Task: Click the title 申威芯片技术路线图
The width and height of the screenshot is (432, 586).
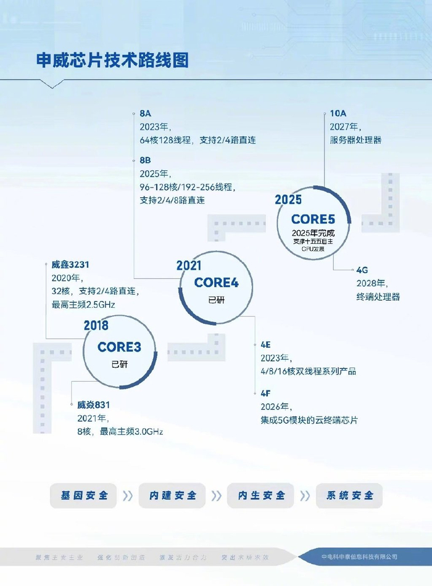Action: point(112,61)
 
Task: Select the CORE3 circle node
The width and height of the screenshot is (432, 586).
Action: point(118,353)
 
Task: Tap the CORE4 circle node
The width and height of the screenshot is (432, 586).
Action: point(215,288)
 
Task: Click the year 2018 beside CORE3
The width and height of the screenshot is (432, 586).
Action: point(96,326)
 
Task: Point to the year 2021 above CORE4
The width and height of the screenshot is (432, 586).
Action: point(189,265)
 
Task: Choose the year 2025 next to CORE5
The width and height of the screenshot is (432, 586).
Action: point(288,200)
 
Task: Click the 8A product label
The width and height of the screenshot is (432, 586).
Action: point(146,114)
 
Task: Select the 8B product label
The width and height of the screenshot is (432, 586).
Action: point(146,160)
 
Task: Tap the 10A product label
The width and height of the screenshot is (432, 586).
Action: point(338,114)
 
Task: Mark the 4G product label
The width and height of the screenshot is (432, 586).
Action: point(362,270)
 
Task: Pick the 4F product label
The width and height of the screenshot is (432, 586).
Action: point(267,392)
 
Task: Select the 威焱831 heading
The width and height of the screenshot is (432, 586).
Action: point(94,405)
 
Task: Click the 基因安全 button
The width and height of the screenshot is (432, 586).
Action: point(85,495)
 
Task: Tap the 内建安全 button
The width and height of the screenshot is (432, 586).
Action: point(173,495)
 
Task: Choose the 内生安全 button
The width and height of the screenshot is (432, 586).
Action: point(261,495)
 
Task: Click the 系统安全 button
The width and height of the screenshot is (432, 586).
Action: point(349,495)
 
